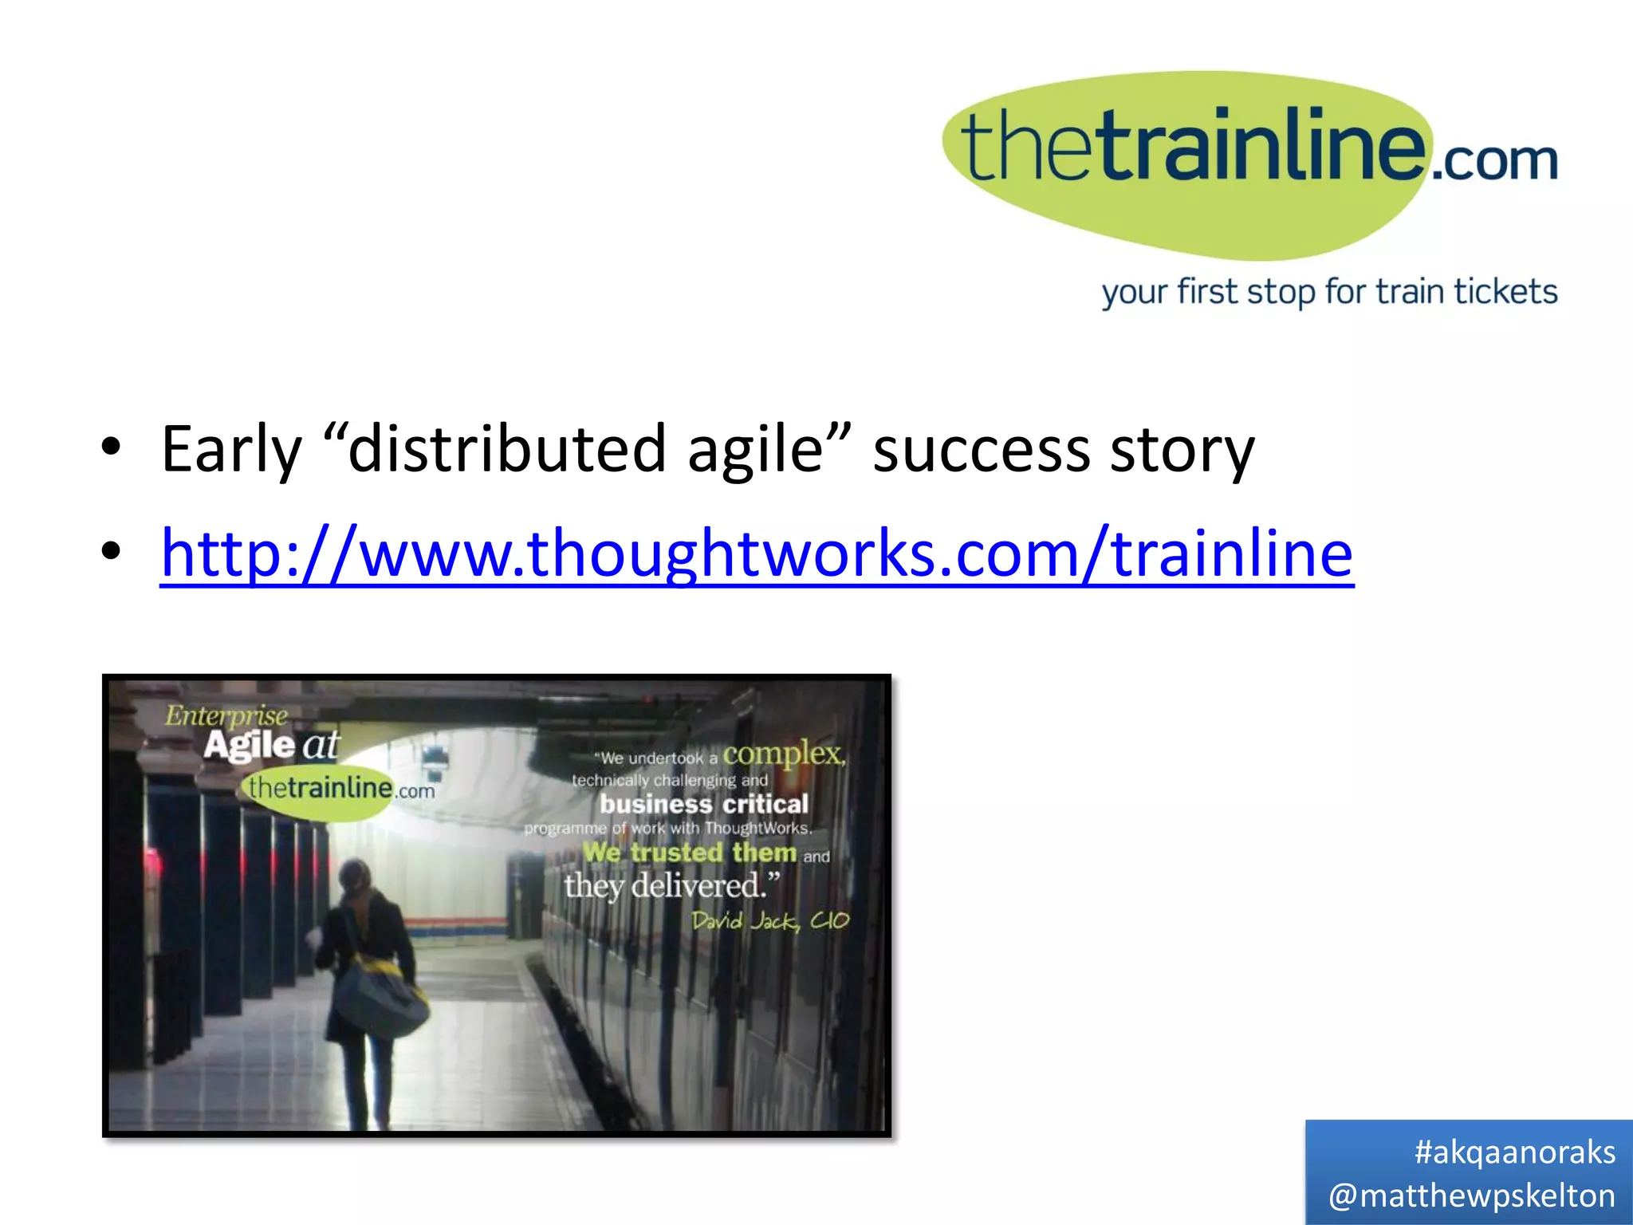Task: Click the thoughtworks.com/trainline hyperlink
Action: coord(756,553)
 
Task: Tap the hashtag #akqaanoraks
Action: coord(1514,1152)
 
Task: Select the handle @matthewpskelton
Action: coord(1471,1195)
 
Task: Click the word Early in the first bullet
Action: coord(231,450)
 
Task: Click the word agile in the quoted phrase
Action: coord(754,450)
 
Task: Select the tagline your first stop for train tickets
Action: coord(1329,292)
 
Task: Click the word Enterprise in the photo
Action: coord(226,715)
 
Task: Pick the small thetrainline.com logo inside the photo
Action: coord(340,790)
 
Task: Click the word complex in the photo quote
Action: coord(782,753)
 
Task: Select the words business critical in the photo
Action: coord(703,804)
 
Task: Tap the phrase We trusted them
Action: coord(689,853)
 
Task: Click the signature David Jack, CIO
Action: coord(769,921)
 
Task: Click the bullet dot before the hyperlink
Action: coord(111,550)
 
